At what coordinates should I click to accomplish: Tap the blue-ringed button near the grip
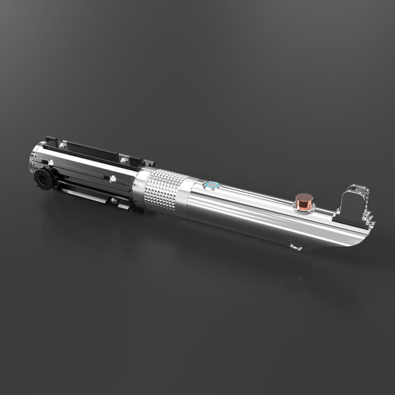[x=211, y=185]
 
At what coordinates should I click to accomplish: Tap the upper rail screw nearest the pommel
[x=62, y=146]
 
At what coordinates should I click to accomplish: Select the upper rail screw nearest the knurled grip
[x=123, y=160]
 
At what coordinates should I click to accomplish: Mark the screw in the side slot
[x=113, y=179]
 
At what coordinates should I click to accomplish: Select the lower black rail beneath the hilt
[x=93, y=192]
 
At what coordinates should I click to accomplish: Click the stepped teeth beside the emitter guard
[x=370, y=218]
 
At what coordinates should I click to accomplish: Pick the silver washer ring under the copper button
[x=304, y=208]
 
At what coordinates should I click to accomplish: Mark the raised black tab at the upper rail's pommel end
[x=51, y=140]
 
